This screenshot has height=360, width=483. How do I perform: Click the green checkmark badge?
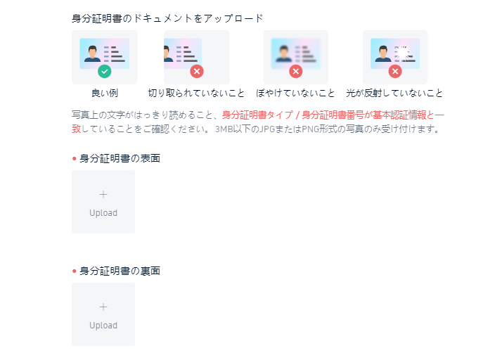105,72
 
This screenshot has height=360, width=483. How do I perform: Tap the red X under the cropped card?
197,72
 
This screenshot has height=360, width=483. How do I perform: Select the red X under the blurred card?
296,72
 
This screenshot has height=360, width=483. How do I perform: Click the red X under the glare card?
395,72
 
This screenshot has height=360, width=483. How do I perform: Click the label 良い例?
105,93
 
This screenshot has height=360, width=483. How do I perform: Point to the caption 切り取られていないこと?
196,93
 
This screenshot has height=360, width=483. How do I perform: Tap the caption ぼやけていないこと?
295,93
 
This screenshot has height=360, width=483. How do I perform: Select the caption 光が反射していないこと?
394,93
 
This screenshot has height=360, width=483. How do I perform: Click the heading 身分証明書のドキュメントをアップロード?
167,18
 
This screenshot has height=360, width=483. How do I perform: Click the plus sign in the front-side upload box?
103,194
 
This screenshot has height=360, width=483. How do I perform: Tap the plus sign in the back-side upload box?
103,307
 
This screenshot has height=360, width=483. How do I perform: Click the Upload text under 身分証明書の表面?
103,213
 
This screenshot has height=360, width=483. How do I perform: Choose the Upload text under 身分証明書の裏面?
103,326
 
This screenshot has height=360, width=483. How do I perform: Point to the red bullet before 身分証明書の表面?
75,159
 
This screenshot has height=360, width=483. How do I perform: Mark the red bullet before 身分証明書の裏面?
75,271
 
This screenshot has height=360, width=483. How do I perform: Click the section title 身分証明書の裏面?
120,271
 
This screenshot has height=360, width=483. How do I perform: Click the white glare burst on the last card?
402,53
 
